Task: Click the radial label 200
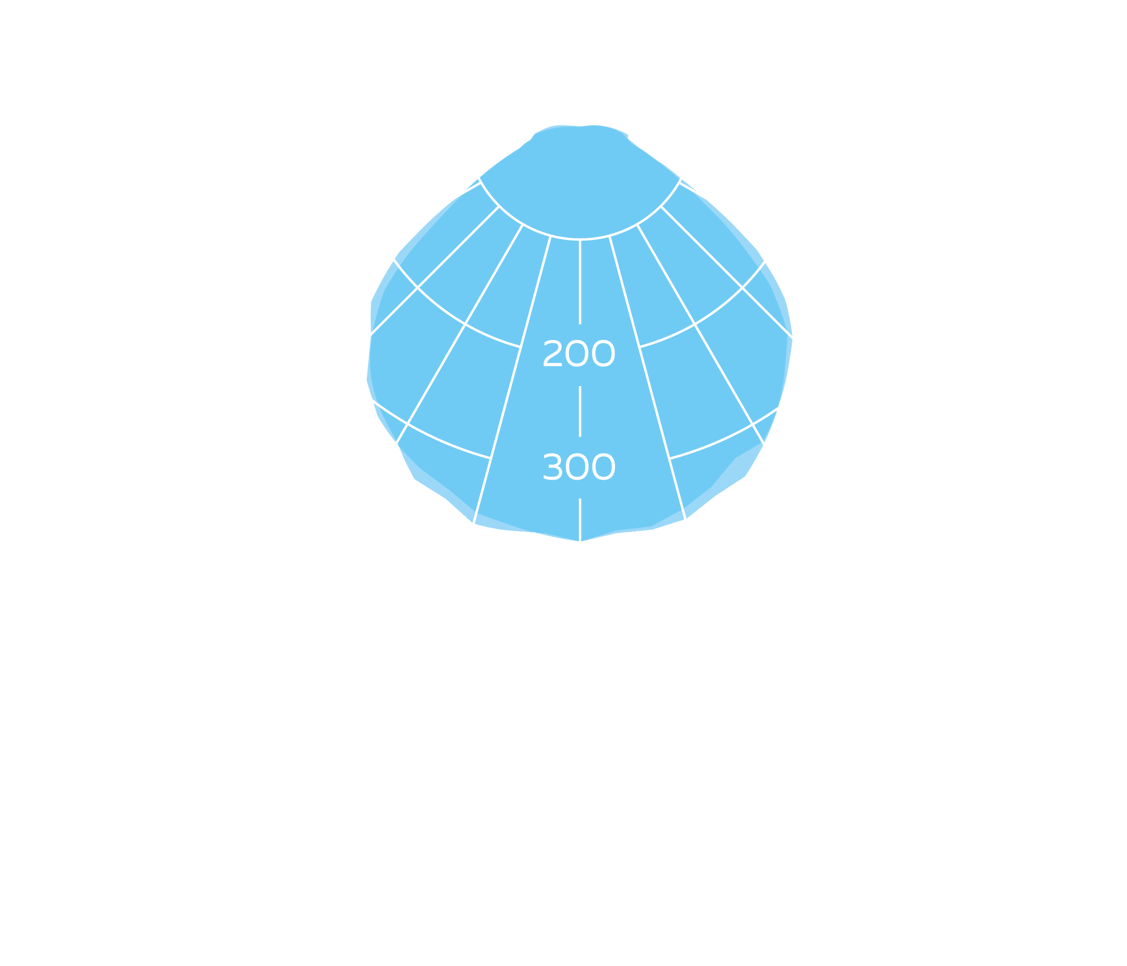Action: tap(579, 353)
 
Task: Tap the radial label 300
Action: tap(579, 467)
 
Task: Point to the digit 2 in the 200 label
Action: tap(552, 353)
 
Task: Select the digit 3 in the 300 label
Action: tap(552, 467)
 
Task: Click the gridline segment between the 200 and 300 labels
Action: tap(580, 411)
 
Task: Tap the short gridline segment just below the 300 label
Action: tap(580, 520)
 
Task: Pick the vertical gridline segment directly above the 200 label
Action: tap(580, 282)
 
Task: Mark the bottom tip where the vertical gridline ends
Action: tap(580, 542)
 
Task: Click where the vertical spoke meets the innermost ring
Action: tap(580, 239)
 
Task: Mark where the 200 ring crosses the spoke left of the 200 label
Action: tap(521, 347)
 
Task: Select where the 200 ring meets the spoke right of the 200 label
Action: tap(639, 347)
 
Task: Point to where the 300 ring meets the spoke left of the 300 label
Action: tap(491, 458)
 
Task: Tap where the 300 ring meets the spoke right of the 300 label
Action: tap(669, 459)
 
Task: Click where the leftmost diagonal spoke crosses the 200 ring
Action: tap(417, 287)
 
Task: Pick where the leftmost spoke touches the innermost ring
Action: tap(499, 206)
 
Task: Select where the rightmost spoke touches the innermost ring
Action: tap(661, 206)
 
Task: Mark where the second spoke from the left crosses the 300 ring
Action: tap(407, 424)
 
